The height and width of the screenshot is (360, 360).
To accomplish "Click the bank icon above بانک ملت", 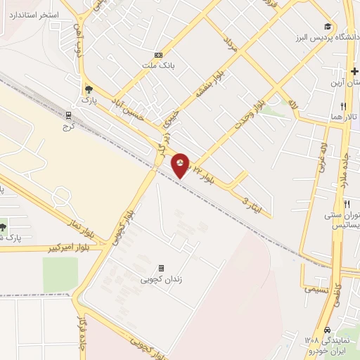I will (158, 55).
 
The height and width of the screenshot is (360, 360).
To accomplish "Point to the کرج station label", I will (69, 127).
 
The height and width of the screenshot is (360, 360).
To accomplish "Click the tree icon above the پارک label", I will (88, 89).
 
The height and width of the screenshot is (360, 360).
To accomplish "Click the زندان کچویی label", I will (162, 280).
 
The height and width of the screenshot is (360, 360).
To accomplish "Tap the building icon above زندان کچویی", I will (161, 268).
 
